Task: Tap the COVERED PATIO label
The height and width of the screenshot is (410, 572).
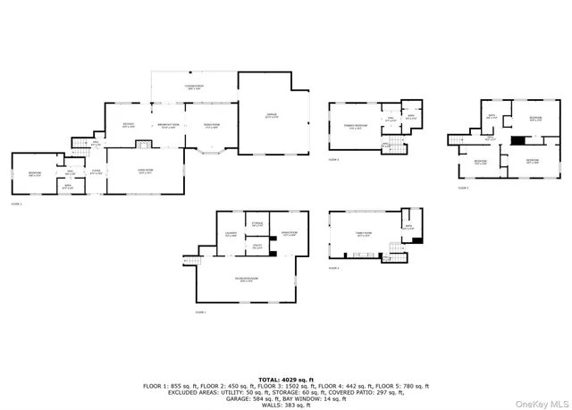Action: (193, 88)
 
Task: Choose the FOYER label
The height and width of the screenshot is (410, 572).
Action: (96, 173)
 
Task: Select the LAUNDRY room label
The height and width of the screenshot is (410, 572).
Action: (231, 235)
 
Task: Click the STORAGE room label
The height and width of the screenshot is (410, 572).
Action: (257, 224)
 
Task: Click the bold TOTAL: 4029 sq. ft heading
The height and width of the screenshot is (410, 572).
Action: (285, 379)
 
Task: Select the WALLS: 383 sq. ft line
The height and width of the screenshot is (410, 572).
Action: (285, 406)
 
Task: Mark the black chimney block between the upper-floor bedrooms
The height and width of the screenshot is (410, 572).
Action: (516, 140)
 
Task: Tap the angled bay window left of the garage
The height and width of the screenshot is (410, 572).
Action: (212, 153)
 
